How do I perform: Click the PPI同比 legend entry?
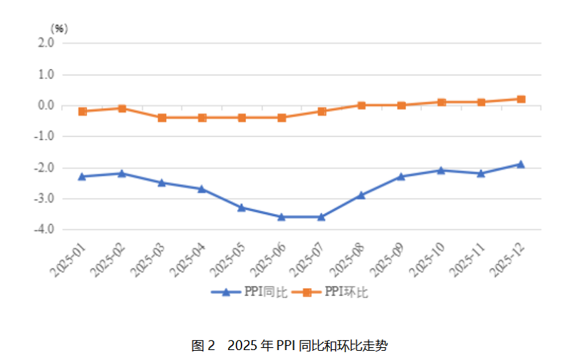(249, 292)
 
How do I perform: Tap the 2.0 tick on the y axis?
(46, 43)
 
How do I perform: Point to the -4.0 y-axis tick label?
(44, 230)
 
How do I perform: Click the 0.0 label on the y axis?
(46, 106)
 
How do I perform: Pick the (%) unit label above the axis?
(59, 28)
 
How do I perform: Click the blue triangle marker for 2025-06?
(281, 217)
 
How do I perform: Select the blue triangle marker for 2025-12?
(521, 164)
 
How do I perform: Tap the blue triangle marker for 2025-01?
(82, 176)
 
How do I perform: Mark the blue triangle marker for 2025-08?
(361, 195)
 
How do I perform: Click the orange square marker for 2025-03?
(162, 118)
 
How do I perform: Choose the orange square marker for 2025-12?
(521, 99)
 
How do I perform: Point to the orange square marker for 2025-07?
(321, 111)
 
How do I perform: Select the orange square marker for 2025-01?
(82, 111)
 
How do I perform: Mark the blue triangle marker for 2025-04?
(202, 189)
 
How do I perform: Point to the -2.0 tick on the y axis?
(44, 168)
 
